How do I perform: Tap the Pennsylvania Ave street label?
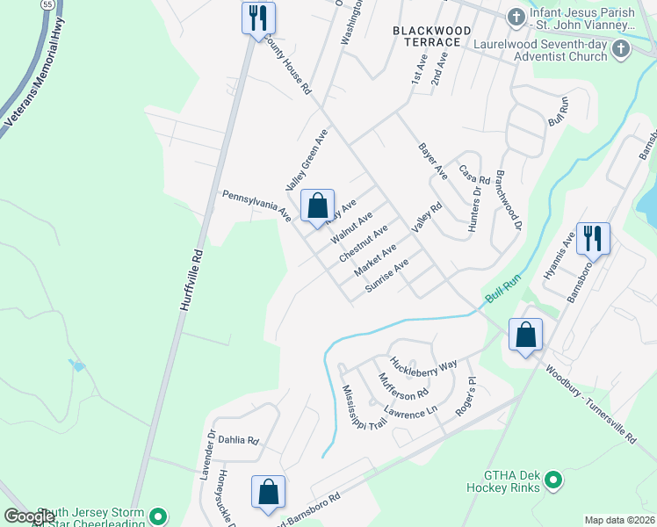[x=256, y=204]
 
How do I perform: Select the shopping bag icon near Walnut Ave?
[x=318, y=206]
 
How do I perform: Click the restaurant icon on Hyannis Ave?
[x=593, y=239]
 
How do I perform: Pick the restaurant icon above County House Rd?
[x=258, y=18]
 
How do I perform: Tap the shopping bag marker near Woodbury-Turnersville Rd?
[x=525, y=335]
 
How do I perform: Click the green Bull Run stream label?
[x=500, y=290]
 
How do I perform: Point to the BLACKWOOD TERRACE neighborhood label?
[x=427, y=36]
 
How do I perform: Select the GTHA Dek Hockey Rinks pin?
[x=553, y=480]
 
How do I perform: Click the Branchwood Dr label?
[x=509, y=201]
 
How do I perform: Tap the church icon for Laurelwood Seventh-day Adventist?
[x=621, y=48]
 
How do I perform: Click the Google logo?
[x=30, y=516]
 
